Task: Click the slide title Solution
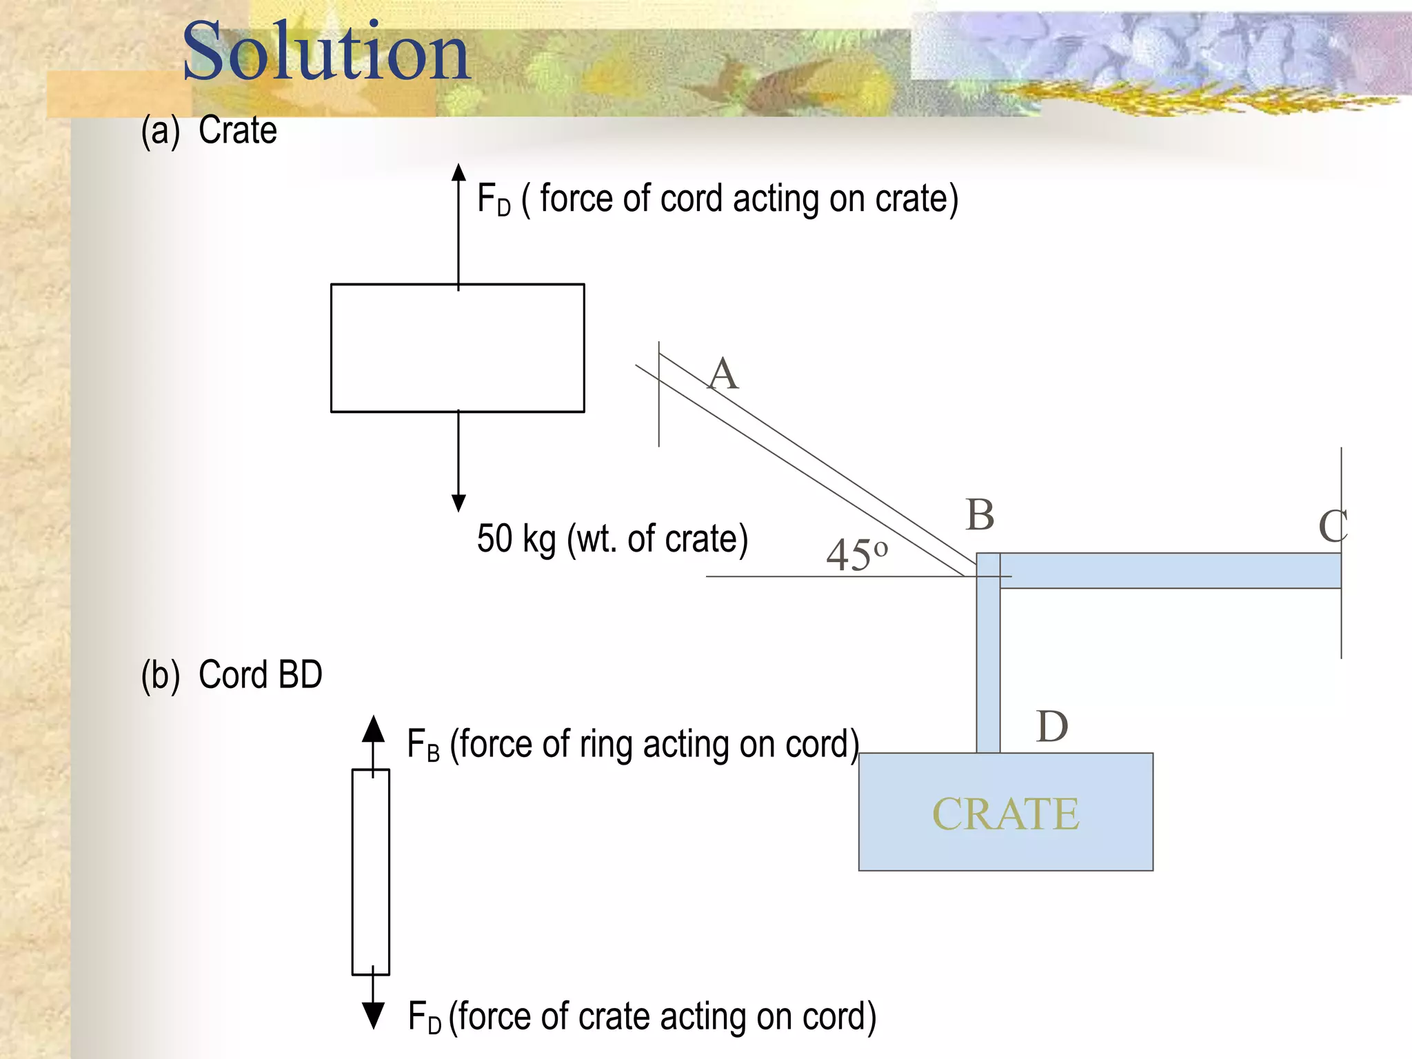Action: point(325,52)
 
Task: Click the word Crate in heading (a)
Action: point(238,130)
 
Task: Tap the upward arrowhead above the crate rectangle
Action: point(458,172)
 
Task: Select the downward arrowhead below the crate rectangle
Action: point(458,503)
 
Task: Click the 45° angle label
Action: point(856,554)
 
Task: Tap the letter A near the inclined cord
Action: point(723,374)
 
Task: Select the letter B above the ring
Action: point(980,514)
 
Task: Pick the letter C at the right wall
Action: point(1332,527)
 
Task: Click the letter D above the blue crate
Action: point(1052,727)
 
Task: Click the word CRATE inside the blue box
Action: point(1005,814)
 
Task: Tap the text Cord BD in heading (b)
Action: point(261,674)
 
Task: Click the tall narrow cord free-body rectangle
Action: point(371,871)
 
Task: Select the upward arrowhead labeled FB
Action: point(373,729)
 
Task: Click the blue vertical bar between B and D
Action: point(988,669)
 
